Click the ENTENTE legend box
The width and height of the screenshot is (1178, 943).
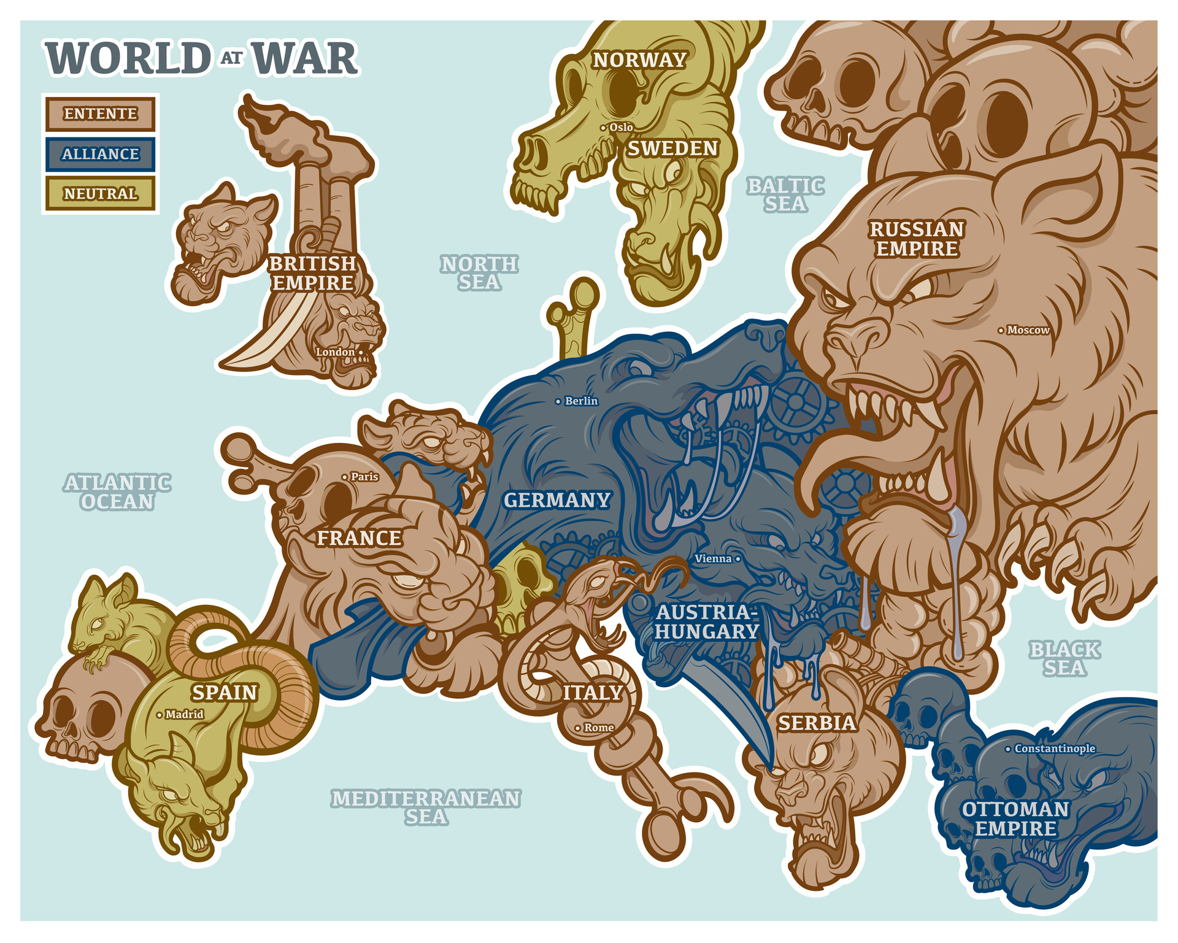click(100, 114)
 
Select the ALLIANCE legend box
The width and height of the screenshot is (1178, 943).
click(100, 154)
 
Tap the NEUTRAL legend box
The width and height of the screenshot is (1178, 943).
click(100, 194)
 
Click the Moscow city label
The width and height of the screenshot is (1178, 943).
click(1028, 330)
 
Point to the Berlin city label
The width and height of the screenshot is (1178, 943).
click(580, 401)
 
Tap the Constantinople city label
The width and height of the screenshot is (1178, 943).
click(1054, 749)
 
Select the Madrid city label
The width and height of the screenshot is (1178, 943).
click(183, 715)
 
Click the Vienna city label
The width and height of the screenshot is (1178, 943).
click(714, 559)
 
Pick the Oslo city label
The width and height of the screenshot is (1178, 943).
click(620, 127)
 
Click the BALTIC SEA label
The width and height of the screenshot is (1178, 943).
click(785, 194)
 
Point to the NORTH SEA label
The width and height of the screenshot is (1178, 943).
click(480, 273)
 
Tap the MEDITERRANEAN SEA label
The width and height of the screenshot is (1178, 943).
click(426, 807)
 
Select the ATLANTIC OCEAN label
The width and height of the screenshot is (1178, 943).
click(117, 492)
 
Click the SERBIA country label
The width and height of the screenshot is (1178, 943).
click(817, 723)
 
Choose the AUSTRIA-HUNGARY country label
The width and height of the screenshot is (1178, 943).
click(707, 622)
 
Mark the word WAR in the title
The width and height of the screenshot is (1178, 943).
click(305, 59)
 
